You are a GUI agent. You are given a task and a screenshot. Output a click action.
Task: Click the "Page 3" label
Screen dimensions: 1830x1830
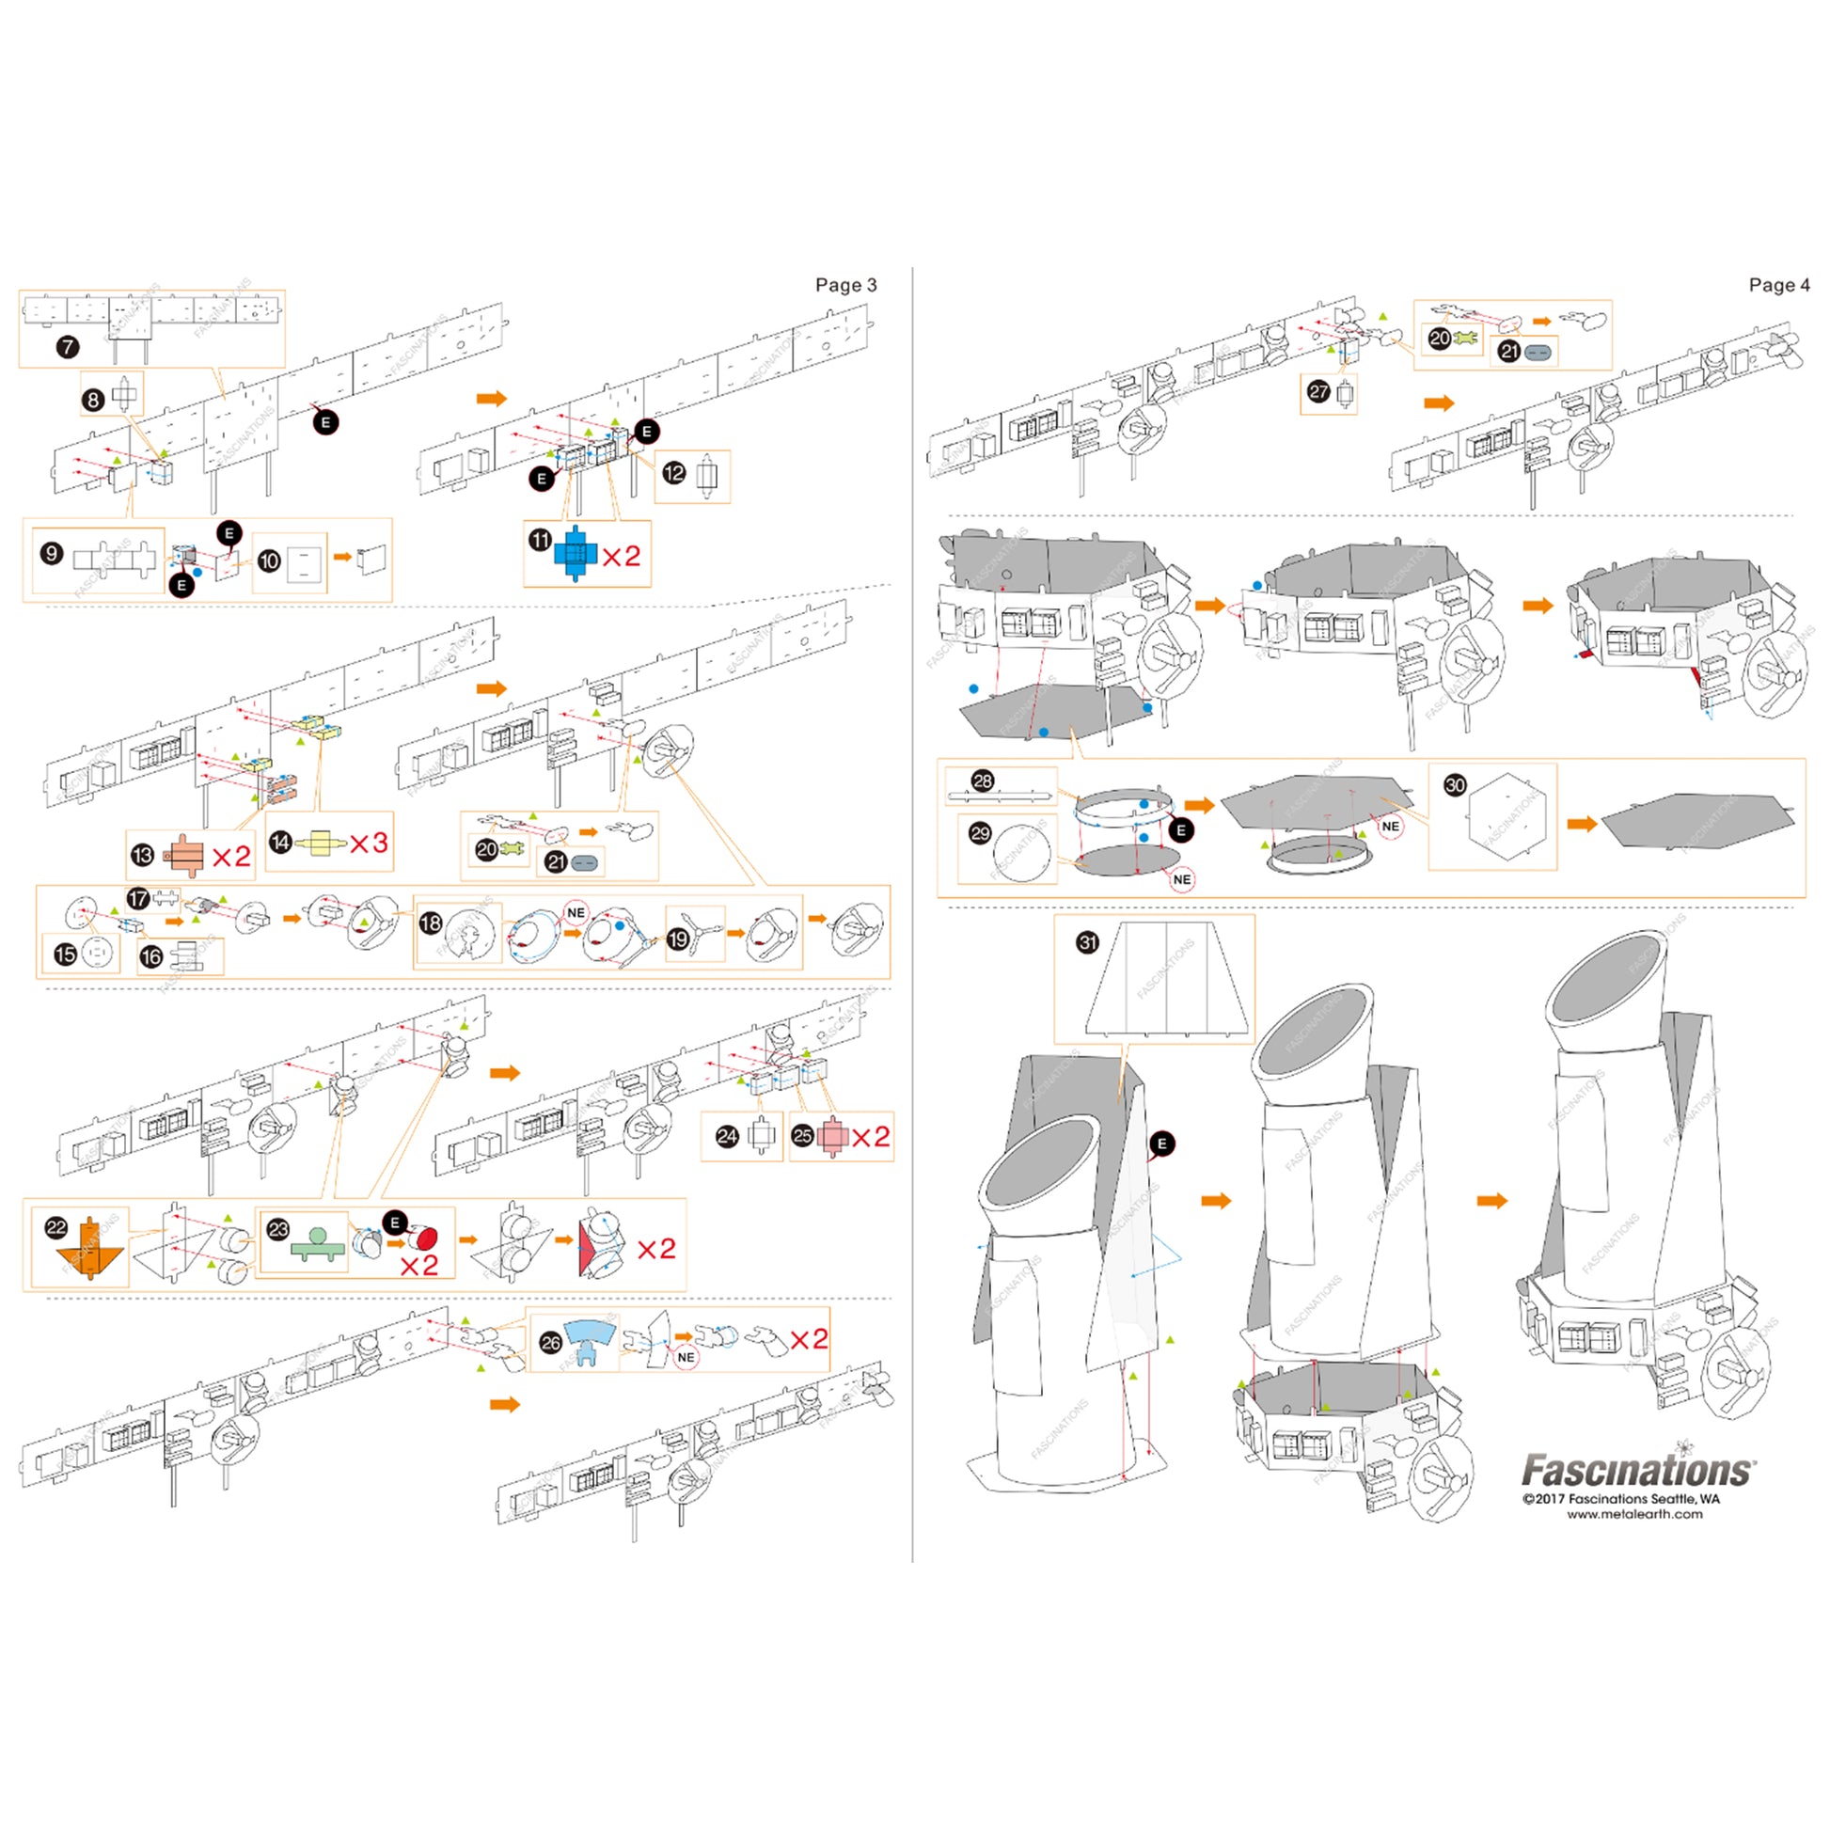844,285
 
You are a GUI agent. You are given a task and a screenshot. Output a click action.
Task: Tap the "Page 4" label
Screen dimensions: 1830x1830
1778,285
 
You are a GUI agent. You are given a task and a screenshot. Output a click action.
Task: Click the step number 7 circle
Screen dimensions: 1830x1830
68,347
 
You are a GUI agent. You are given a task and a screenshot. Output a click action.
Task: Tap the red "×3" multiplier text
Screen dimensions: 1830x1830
369,843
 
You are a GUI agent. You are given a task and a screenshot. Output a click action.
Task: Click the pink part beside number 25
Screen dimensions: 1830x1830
831,1137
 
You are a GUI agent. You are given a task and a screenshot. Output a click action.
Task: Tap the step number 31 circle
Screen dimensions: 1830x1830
1087,942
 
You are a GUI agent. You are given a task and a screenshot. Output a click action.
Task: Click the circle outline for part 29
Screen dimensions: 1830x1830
1021,853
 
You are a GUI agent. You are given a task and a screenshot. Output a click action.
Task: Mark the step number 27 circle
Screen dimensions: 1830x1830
1317,391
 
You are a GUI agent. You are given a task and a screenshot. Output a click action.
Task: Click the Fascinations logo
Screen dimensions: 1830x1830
1638,1470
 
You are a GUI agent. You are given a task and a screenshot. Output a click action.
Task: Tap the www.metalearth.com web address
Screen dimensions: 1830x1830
1634,1515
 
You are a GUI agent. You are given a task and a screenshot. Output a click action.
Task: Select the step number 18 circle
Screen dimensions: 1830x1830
431,923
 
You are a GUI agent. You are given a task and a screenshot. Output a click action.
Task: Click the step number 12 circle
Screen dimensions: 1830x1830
673,473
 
